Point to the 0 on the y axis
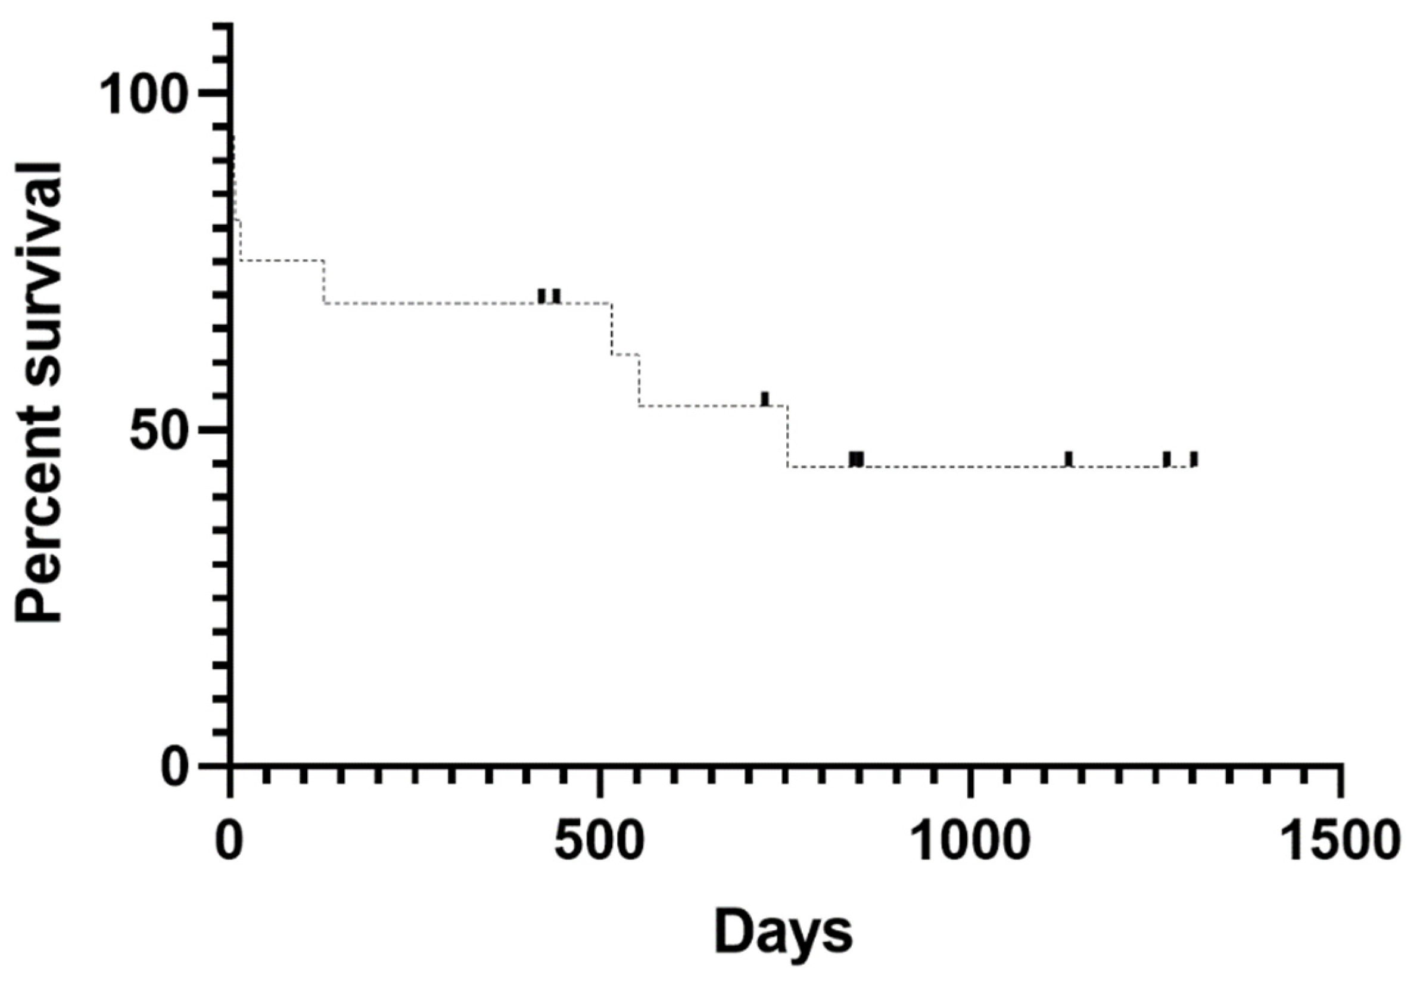pyautogui.click(x=175, y=767)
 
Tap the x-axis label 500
pyautogui.click(x=599, y=843)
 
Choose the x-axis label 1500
pyautogui.click(x=1339, y=843)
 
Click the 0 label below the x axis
pyautogui.click(x=230, y=843)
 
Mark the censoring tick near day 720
pyautogui.click(x=765, y=399)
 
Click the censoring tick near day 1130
pyautogui.click(x=1068, y=459)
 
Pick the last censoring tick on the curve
pyautogui.click(x=1194, y=459)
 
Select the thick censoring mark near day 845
pyautogui.click(x=856, y=459)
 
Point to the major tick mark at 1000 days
pyautogui.click(x=970, y=781)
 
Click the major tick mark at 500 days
pyautogui.click(x=599, y=781)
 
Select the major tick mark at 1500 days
pyautogui.click(x=1340, y=781)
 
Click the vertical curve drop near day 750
pyautogui.click(x=787, y=436)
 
